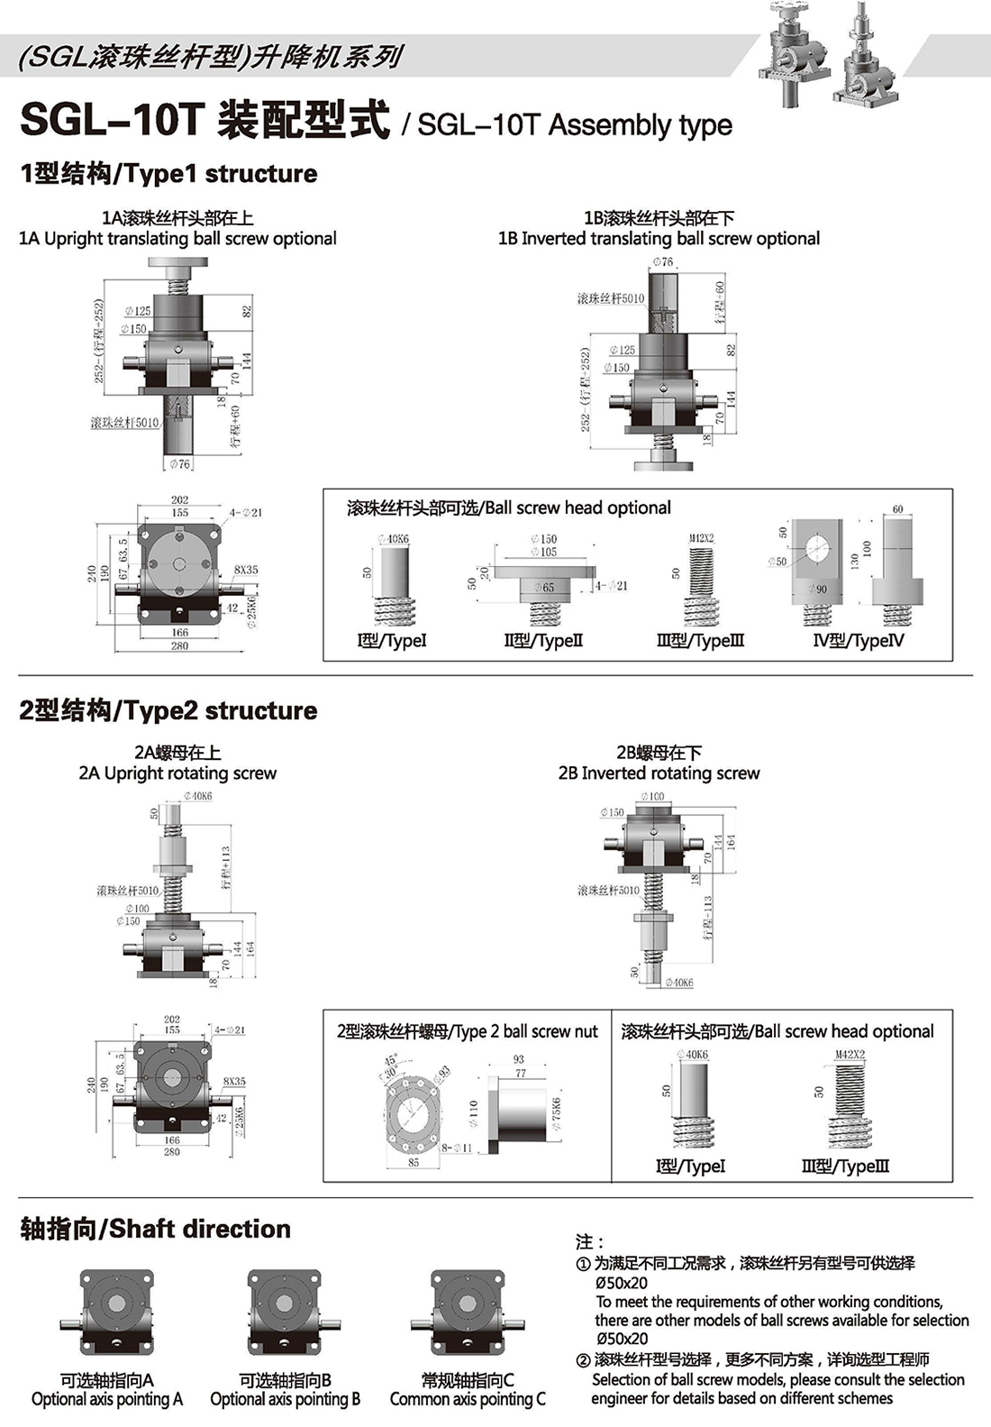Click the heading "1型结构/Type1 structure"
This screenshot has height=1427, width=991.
tap(168, 174)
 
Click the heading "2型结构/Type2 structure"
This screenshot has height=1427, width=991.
tap(168, 710)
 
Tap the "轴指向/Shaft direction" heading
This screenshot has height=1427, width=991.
tap(155, 1229)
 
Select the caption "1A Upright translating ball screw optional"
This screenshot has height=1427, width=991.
tap(177, 239)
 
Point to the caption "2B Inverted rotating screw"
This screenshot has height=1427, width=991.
tap(659, 773)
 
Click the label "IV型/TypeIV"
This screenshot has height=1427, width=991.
tap(858, 641)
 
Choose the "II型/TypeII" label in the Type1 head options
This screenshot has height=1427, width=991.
tap(543, 641)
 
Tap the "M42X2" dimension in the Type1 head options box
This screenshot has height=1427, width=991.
tap(701, 538)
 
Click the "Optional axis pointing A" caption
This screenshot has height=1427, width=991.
tap(107, 1399)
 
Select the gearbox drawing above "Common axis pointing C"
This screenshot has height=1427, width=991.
tap(467, 1313)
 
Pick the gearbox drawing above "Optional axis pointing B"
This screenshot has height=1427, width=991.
tap(285, 1313)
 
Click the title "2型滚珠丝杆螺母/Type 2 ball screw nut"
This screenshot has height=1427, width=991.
tap(467, 1031)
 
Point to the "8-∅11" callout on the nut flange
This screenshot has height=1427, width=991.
tap(457, 1148)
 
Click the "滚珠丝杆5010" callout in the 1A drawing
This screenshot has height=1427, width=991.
tap(124, 423)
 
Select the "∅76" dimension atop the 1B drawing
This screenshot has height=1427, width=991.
tap(662, 262)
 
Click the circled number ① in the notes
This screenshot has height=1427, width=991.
tap(583, 1264)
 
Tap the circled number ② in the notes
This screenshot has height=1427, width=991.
tap(583, 1360)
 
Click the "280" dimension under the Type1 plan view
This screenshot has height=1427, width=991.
tap(179, 646)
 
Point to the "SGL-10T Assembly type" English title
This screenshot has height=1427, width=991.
tap(575, 124)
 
